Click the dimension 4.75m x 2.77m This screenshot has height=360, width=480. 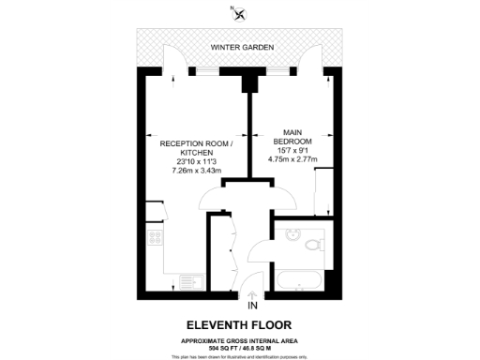(x=292, y=158)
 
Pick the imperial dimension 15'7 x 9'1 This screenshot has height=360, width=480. (x=292, y=149)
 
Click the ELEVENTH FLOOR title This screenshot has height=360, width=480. (x=240, y=323)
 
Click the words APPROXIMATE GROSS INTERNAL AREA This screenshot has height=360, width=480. (x=240, y=339)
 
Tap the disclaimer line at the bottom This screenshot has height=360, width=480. (x=240, y=356)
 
